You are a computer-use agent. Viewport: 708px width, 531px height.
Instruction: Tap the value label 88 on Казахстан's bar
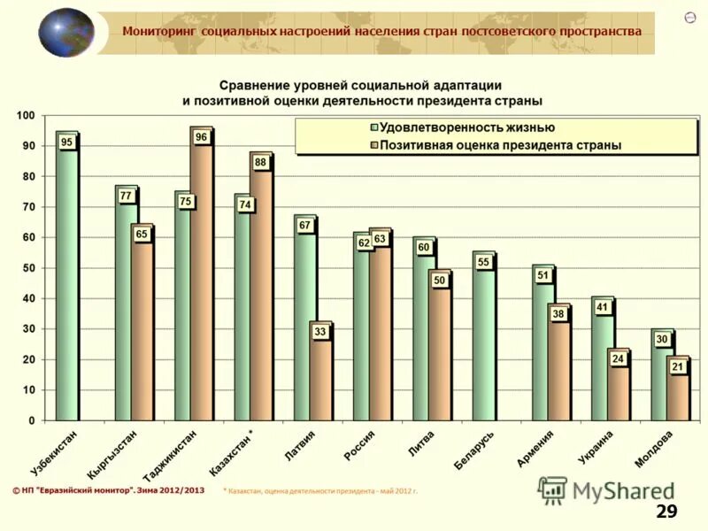point(261,163)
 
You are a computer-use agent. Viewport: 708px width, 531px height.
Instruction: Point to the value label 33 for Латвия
point(320,331)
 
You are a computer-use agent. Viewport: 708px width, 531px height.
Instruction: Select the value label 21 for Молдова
point(678,366)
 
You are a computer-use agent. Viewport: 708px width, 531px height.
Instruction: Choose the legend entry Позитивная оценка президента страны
point(499,144)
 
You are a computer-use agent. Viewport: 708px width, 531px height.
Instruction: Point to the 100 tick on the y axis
point(25,116)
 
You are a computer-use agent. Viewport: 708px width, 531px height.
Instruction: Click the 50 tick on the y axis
point(27,268)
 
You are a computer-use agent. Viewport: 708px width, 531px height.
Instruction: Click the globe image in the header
point(66,33)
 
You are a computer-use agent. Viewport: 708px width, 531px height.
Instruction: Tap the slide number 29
point(666,512)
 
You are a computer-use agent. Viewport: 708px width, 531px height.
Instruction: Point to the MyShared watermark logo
point(606,490)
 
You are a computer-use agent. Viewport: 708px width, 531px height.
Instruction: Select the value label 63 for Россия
point(380,239)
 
